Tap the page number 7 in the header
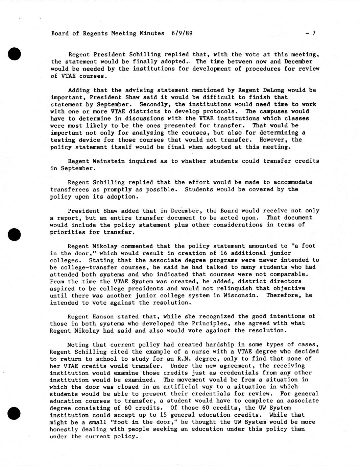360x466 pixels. pyautogui.click(x=314, y=33)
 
